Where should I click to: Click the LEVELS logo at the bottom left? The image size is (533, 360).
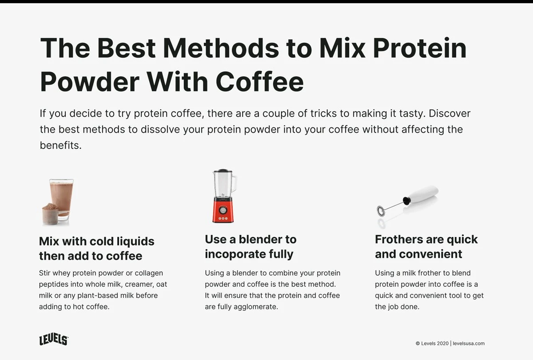(x=53, y=340)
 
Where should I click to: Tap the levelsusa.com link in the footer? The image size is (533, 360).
(x=469, y=343)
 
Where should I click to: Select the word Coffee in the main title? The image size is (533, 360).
(x=260, y=81)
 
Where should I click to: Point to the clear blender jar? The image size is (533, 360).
(x=223, y=184)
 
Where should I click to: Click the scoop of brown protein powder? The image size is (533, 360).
(x=50, y=214)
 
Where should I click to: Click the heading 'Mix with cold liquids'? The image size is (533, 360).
(x=96, y=241)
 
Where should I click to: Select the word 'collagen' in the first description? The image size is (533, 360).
(x=148, y=273)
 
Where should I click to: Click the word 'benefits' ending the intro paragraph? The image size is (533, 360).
(x=60, y=146)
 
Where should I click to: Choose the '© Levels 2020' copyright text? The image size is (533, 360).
(x=432, y=343)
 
